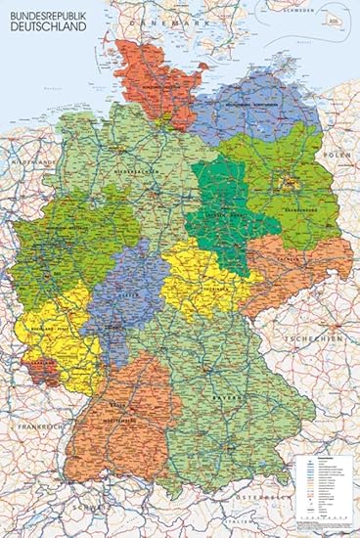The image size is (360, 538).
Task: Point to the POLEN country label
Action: [x=338, y=157]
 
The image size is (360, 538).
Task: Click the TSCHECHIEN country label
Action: [x=315, y=337]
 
